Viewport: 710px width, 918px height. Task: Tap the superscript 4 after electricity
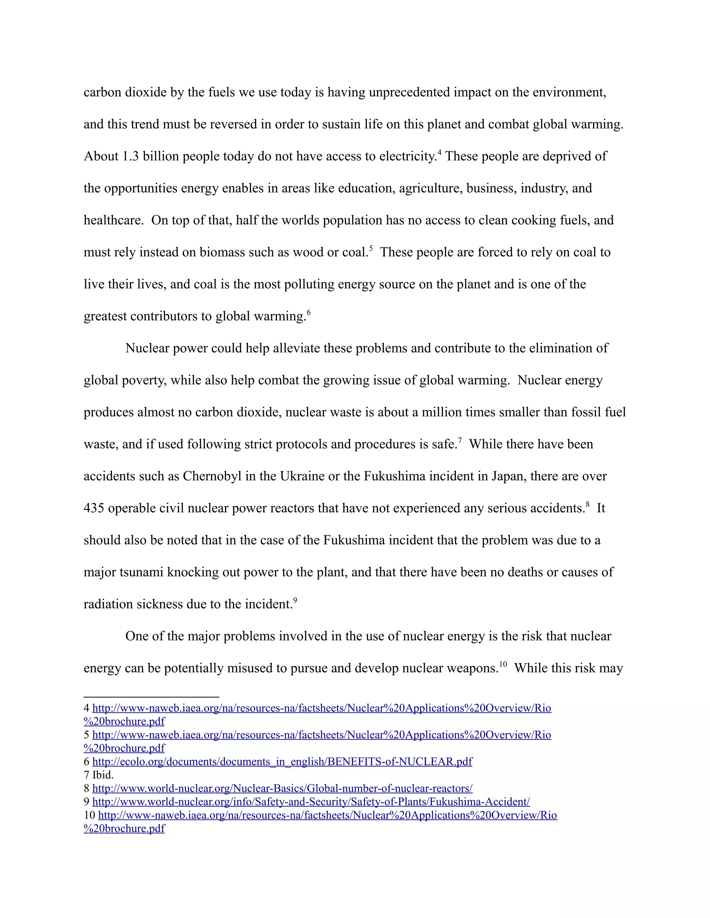pyautogui.click(x=439, y=152)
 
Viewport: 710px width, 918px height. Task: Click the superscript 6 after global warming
pyautogui.click(x=309, y=312)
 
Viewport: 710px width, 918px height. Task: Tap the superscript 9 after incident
pyautogui.click(x=295, y=600)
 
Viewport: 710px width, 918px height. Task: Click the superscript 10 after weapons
pyautogui.click(x=503, y=664)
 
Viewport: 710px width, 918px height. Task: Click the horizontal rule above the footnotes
pyautogui.click(x=151, y=697)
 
